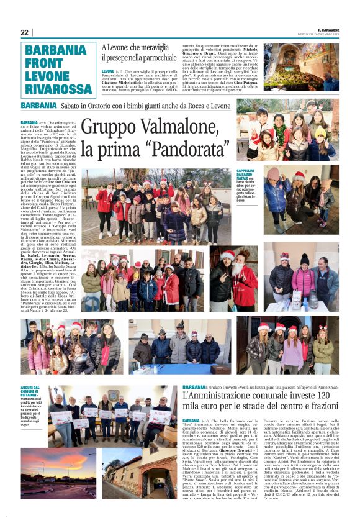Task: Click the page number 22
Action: pos(25,32)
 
